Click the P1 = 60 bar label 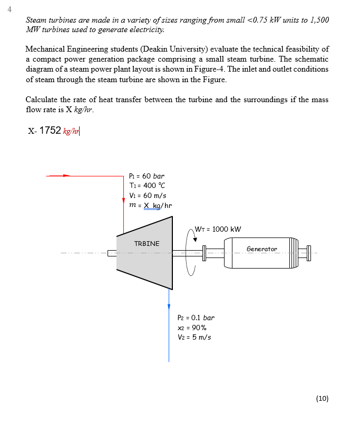click(x=147, y=176)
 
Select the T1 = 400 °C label click(x=147, y=185)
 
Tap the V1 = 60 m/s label click(x=148, y=195)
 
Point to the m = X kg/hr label click(x=150, y=205)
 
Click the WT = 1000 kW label click(x=218, y=229)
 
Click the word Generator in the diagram click(x=261, y=249)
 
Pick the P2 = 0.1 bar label click(x=196, y=318)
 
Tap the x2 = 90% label click(x=192, y=328)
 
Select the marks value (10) click(x=322, y=398)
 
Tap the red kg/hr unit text click(x=71, y=131)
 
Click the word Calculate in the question click(x=42, y=100)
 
